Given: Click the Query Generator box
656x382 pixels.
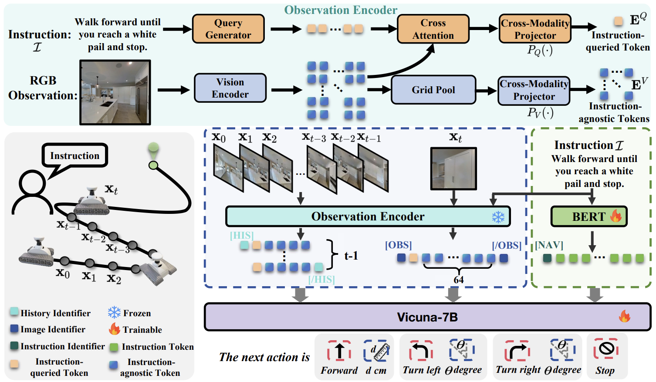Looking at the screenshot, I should tap(228, 29).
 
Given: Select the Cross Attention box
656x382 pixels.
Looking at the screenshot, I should tap(433, 29).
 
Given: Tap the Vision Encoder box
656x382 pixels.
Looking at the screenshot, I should tap(230, 88).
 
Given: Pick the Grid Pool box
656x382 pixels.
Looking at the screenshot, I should tap(433, 90).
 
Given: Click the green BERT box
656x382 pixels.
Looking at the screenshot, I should tap(589, 216).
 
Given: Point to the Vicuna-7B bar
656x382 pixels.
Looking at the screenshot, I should tap(427, 317).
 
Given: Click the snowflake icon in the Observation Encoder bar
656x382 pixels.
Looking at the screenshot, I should tap(498, 217).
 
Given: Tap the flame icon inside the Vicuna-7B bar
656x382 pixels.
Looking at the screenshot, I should tap(625, 316).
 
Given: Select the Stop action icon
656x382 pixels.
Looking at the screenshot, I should tap(606, 349).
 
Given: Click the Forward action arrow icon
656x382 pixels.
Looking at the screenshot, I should tap(339, 351).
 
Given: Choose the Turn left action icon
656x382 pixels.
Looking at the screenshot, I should tap(421, 351).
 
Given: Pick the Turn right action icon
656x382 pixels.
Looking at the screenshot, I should tap(517, 351).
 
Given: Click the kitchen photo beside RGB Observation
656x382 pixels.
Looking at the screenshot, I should tap(115, 92).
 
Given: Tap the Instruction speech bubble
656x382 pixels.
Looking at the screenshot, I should tap(75, 156).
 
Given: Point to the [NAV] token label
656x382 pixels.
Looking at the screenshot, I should tap(549, 245).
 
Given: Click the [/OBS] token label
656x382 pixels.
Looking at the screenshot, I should tap(507, 245).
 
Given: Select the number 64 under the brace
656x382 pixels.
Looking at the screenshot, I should tap(459, 280).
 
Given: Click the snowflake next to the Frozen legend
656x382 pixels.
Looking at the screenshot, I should tap(114, 312).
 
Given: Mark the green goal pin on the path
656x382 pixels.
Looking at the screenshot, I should tap(153, 150).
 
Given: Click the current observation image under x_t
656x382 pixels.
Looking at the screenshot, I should tap(453, 169).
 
